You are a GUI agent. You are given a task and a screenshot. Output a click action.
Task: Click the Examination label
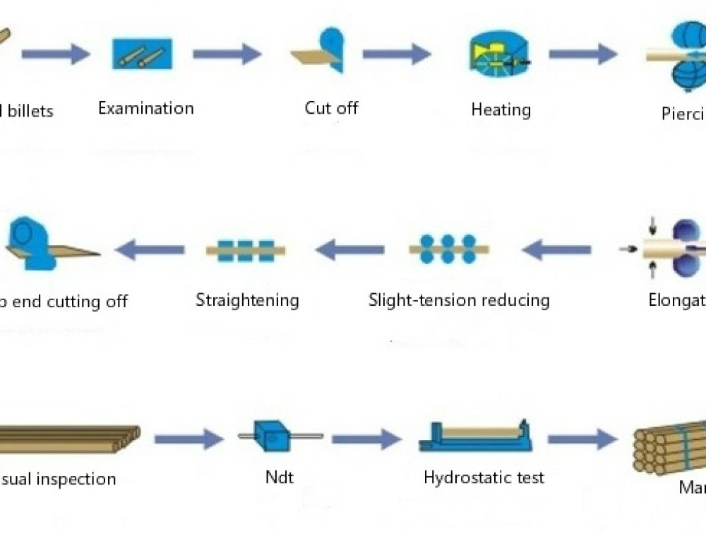pos(145,109)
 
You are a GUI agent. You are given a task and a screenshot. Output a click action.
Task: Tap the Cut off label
pos(331,108)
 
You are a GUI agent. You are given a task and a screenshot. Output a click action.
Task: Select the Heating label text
pos(501,110)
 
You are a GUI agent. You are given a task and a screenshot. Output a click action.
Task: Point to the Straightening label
pos(247,300)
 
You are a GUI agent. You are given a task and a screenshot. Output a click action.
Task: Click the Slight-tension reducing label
pos(459,300)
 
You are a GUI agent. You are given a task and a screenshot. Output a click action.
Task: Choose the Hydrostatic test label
pos(484,477)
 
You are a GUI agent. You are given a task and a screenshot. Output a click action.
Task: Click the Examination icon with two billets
pos(142,54)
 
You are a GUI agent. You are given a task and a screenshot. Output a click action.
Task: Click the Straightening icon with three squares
pos(245,250)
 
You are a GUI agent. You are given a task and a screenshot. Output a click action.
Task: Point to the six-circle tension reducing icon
pos(448,249)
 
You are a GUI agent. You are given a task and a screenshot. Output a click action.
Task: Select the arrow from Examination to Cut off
pos(227,54)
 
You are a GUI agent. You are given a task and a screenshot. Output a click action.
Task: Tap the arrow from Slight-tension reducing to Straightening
pos(349,249)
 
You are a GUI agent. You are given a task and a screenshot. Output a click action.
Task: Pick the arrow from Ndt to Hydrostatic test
pos(366,439)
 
